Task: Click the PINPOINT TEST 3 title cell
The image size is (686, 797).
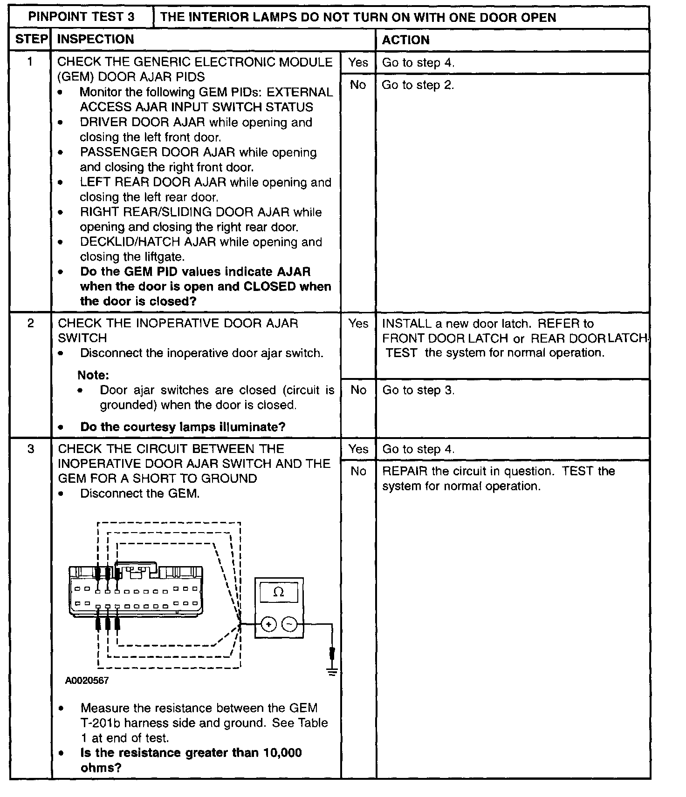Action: point(82,17)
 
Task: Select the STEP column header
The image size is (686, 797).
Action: point(31,39)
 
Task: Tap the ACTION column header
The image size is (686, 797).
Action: point(405,40)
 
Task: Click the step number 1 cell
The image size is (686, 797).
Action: point(30,61)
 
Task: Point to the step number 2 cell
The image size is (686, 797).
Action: point(30,323)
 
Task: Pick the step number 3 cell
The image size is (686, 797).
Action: point(30,449)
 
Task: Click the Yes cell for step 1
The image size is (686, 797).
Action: point(358,62)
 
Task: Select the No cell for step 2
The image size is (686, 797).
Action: point(358,390)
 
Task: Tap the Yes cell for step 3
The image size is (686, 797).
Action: point(358,449)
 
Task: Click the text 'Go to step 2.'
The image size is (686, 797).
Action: point(418,85)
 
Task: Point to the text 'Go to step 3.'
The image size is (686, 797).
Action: point(418,390)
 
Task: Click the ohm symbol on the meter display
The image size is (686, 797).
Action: point(279,592)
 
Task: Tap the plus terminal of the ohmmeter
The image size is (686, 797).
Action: point(269,624)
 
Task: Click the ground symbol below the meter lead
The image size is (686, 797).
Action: point(332,672)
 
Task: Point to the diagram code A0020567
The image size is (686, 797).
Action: point(87,681)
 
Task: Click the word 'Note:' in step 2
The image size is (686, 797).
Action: point(93,375)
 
